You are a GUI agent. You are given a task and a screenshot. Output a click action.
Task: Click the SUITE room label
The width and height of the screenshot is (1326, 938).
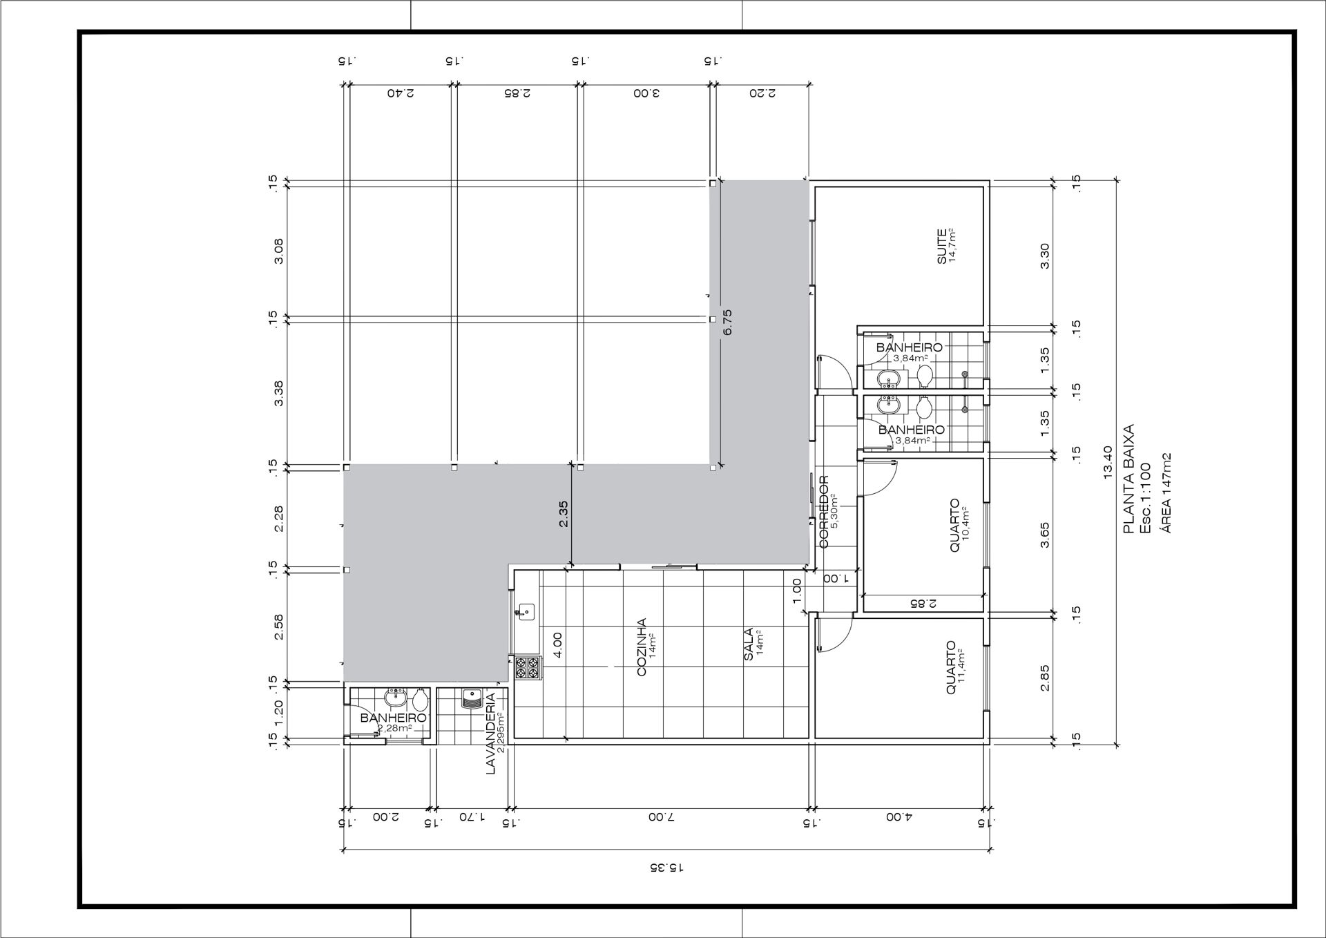(941, 247)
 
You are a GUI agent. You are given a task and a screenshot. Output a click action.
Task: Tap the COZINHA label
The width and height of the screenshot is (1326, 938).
(642, 647)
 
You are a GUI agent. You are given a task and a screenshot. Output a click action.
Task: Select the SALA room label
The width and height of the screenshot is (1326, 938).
(749, 644)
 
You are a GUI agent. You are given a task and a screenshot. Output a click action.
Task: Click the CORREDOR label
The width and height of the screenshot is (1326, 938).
(823, 512)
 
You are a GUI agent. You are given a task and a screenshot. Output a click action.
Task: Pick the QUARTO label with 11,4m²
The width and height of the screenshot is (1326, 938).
(951, 668)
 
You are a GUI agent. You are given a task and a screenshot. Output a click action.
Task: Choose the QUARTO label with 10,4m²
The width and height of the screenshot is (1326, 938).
(954, 526)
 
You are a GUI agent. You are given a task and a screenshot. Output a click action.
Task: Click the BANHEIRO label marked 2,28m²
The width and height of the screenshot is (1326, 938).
(394, 718)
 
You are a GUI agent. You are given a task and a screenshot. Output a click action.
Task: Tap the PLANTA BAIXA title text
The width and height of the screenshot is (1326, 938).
(1129, 479)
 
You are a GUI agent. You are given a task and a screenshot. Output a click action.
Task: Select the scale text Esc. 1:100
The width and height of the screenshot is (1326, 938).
(1146, 497)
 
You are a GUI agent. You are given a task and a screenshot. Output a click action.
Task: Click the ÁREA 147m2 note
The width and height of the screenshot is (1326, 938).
(1166, 492)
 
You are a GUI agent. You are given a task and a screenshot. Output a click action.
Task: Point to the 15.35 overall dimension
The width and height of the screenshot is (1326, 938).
(667, 867)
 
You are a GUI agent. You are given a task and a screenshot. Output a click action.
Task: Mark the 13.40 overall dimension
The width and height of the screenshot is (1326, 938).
(1108, 462)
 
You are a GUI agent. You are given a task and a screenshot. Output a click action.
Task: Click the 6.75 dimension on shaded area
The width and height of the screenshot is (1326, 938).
(727, 322)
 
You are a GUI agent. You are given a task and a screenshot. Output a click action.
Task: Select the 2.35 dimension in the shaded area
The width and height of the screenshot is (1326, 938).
(564, 514)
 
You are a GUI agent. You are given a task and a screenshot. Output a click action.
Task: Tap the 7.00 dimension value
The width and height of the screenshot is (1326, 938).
(661, 817)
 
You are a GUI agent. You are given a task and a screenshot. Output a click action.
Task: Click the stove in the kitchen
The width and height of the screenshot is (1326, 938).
(528, 668)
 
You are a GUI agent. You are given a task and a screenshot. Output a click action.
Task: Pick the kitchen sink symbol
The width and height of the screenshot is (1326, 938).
(525, 611)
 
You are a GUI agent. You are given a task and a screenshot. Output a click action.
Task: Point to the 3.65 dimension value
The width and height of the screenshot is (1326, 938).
(1044, 535)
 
